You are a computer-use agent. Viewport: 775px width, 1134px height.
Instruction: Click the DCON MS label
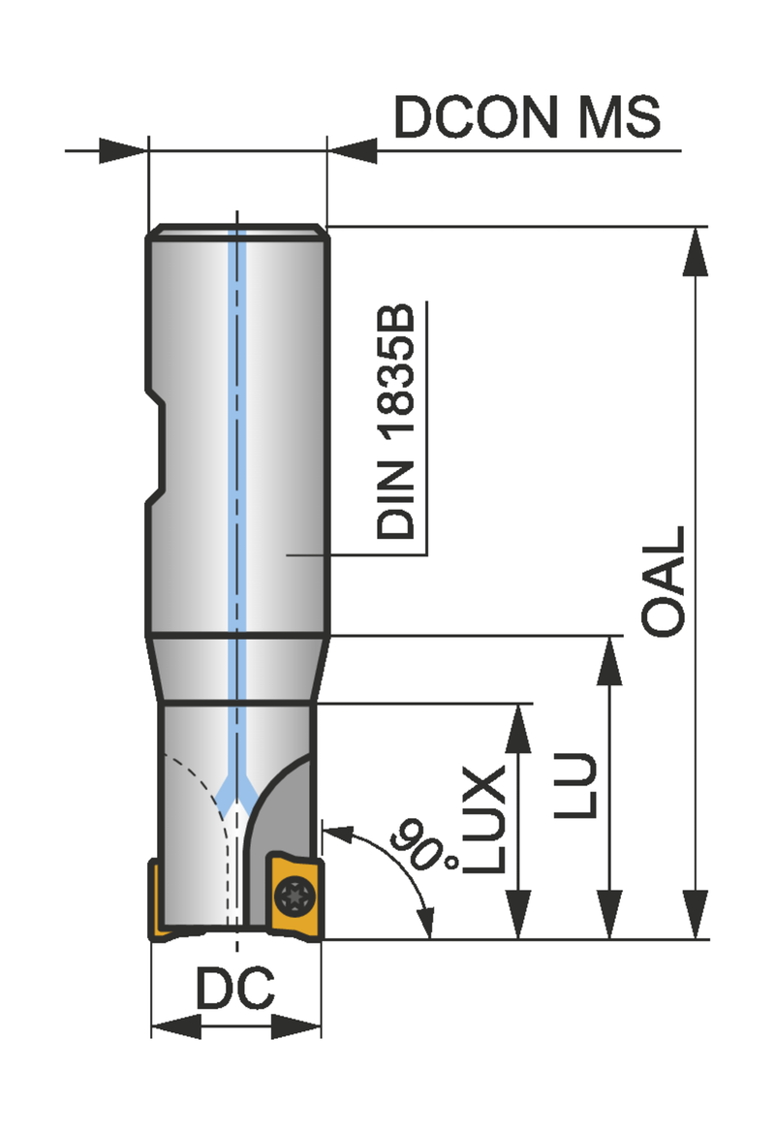pyautogui.click(x=527, y=116)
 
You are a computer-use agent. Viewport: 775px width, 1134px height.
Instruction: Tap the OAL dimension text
pyautogui.click(x=664, y=581)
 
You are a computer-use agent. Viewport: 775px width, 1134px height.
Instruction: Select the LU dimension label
pyautogui.click(x=576, y=785)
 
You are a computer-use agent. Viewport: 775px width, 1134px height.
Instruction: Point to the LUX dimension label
pyautogui.click(x=483, y=819)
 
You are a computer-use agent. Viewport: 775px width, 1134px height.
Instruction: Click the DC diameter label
pyautogui.click(x=235, y=988)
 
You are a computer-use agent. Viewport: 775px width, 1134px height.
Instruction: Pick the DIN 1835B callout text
pyautogui.click(x=396, y=422)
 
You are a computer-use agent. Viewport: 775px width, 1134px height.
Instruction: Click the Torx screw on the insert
pyautogui.click(x=294, y=897)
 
